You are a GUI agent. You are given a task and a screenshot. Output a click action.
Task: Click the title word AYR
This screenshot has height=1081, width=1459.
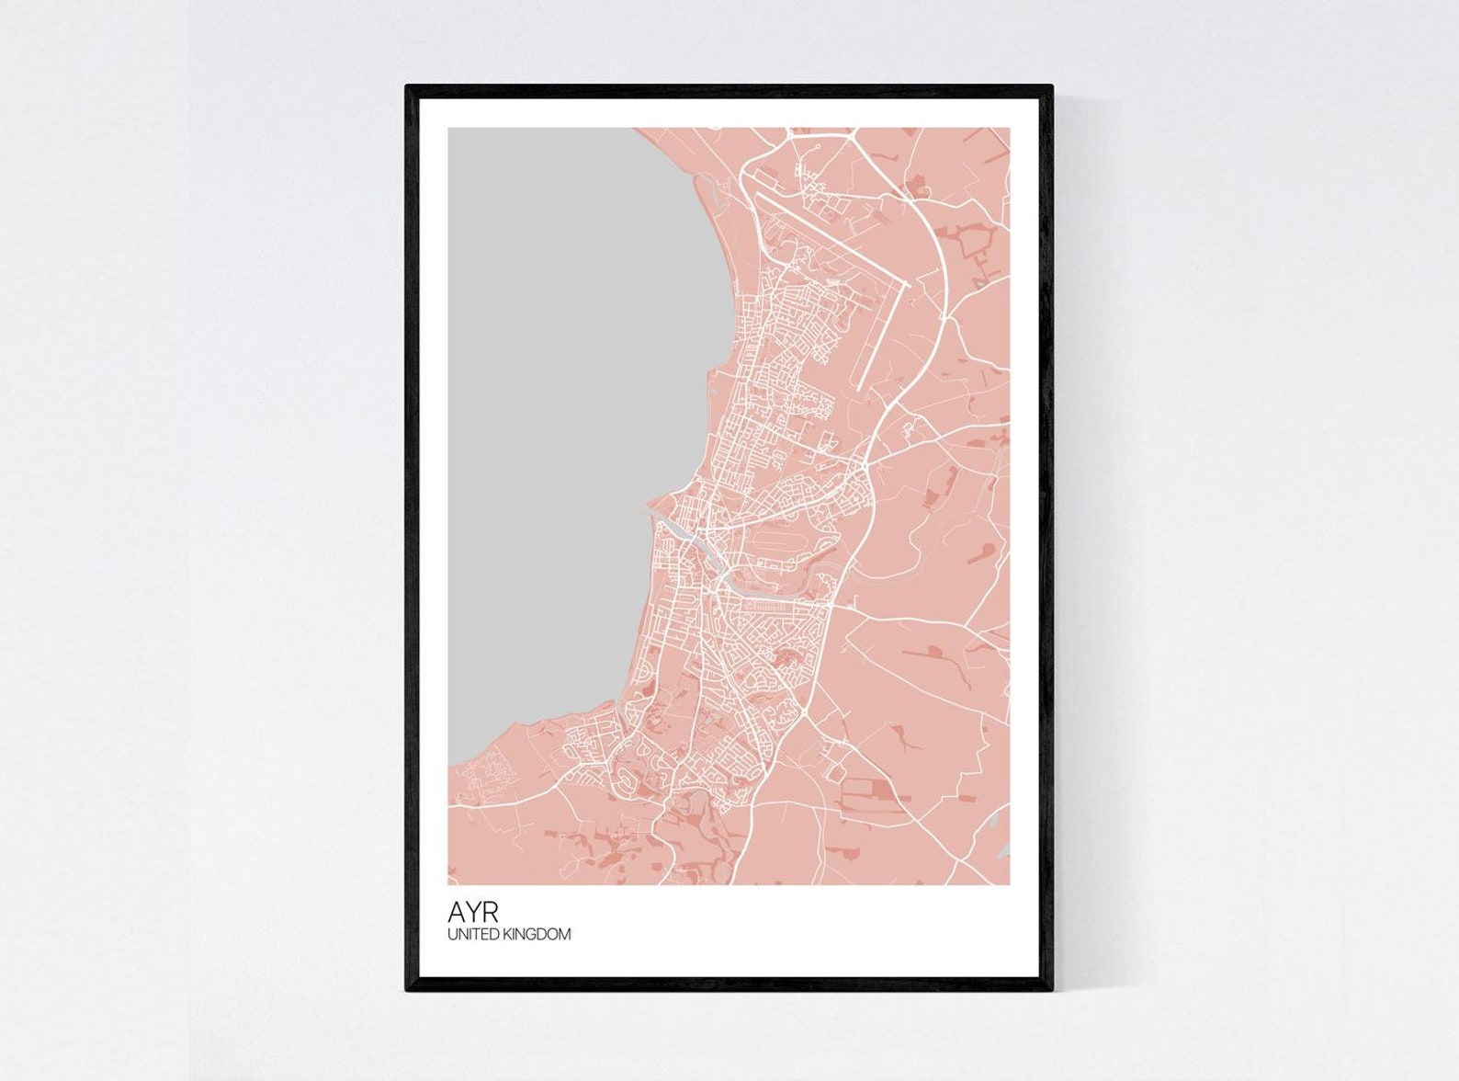click(473, 912)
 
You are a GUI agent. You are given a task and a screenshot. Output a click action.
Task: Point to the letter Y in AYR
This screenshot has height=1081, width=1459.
click(472, 912)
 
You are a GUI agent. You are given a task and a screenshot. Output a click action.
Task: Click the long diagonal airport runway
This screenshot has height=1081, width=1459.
click(827, 233)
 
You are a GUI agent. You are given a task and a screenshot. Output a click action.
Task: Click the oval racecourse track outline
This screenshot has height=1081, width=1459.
click(776, 539)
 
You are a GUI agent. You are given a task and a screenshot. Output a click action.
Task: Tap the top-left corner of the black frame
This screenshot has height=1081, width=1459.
click(408, 87)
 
